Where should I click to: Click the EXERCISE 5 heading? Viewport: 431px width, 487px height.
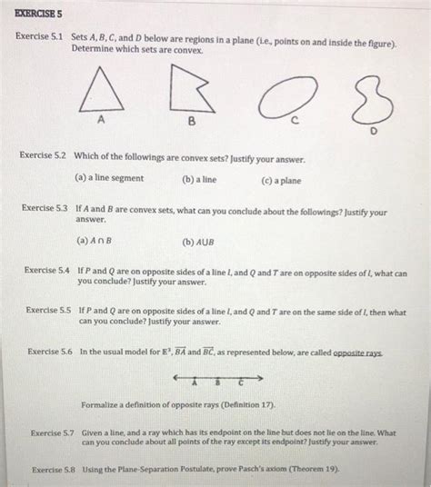[x=34, y=14]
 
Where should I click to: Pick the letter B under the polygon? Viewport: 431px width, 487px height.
[x=191, y=122]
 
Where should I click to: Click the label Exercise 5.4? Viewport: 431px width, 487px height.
[x=47, y=271]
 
